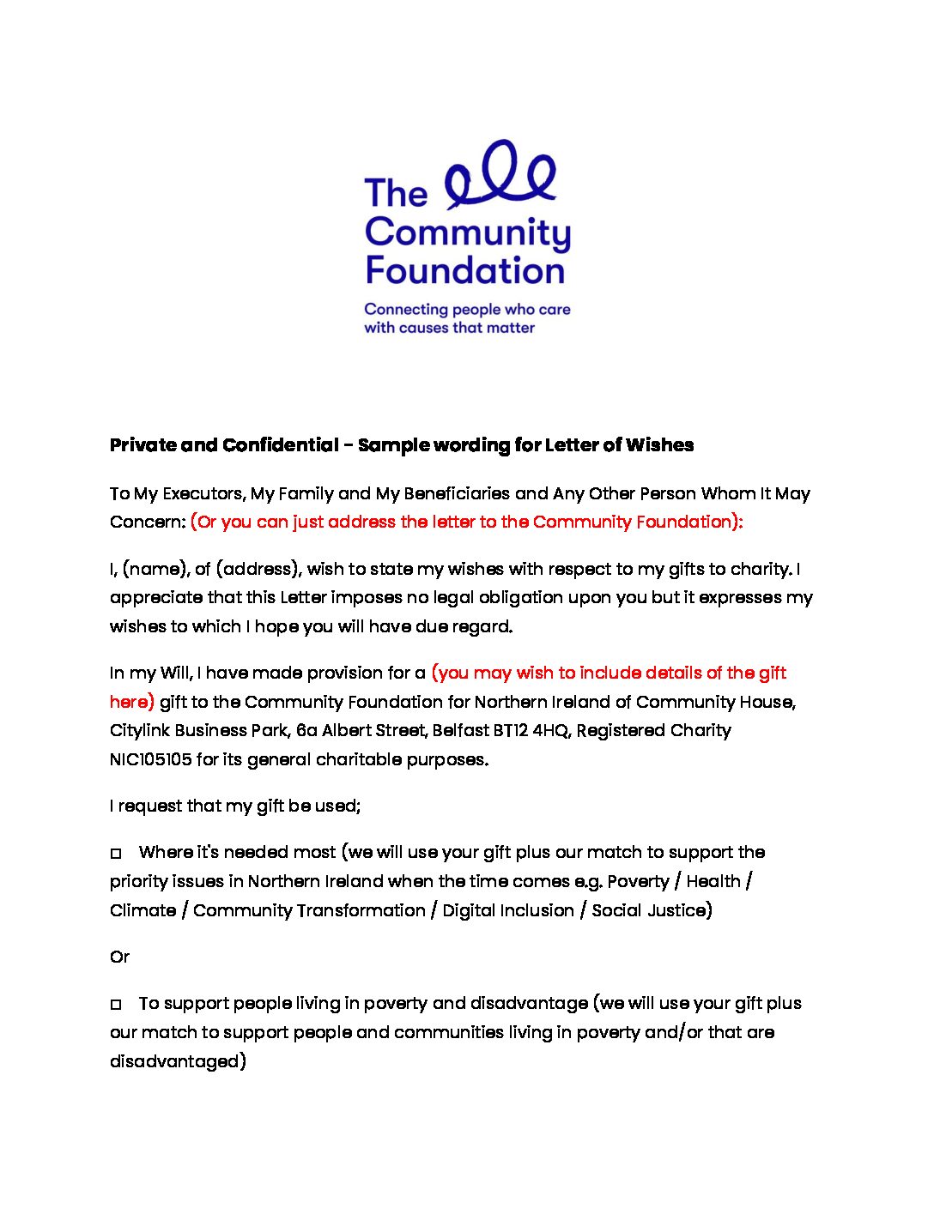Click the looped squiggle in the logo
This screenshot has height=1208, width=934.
[501, 176]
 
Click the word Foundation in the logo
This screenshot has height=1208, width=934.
[465, 270]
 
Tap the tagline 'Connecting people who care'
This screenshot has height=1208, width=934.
[467, 310]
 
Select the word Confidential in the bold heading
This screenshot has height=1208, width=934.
[280, 445]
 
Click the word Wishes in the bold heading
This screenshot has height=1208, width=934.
[659, 445]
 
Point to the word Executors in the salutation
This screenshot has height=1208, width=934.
[204, 493]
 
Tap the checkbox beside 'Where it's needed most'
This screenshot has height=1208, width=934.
[116, 854]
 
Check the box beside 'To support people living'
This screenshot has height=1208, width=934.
[116, 1005]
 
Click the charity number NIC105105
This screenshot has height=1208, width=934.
[150, 759]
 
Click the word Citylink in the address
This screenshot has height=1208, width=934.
[139, 730]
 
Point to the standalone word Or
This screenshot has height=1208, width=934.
[119, 957]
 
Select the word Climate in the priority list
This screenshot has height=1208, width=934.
[143, 910]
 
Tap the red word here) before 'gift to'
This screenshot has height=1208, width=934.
[131, 702]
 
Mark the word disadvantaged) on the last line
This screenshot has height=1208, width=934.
[178, 1061]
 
